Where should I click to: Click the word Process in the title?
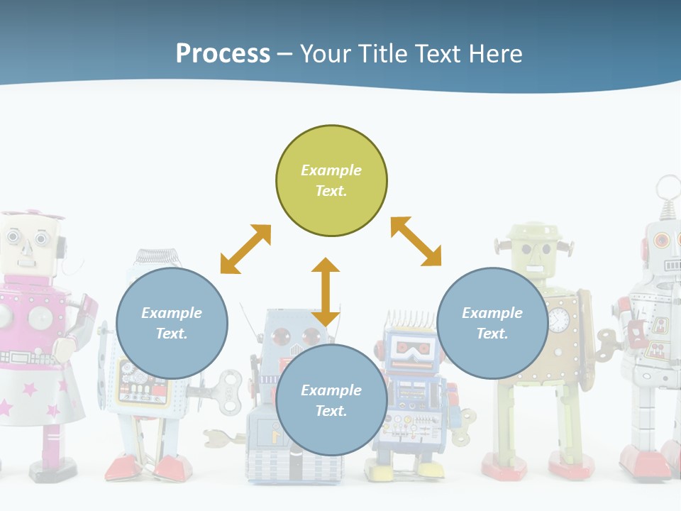[223, 54]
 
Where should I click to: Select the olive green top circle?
[331, 180]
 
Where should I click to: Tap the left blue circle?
[172, 323]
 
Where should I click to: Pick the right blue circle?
[492, 323]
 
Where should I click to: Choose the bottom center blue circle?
[331, 400]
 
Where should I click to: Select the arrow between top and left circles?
[245, 249]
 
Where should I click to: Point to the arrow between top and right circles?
[416, 241]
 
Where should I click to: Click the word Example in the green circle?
[331, 170]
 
